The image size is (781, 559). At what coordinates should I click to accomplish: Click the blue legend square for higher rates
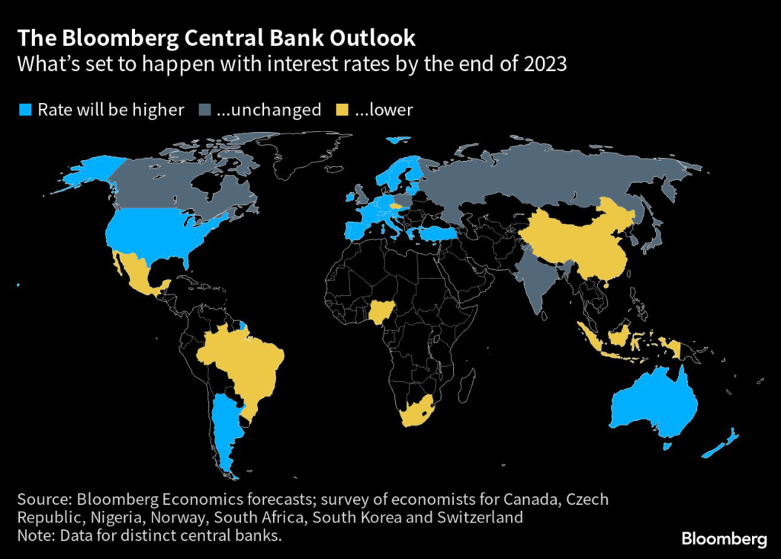(x=24, y=111)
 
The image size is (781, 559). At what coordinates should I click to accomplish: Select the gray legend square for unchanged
(x=204, y=111)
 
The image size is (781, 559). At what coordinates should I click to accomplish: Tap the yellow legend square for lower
(x=342, y=111)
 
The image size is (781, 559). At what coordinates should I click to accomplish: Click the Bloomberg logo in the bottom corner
(x=724, y=539)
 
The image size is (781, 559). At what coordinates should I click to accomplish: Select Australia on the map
(x=652, y=404)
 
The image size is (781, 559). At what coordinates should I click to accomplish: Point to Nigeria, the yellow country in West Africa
(x=378, y=311)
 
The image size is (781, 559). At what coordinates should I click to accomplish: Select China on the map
(x=580, y=236)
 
